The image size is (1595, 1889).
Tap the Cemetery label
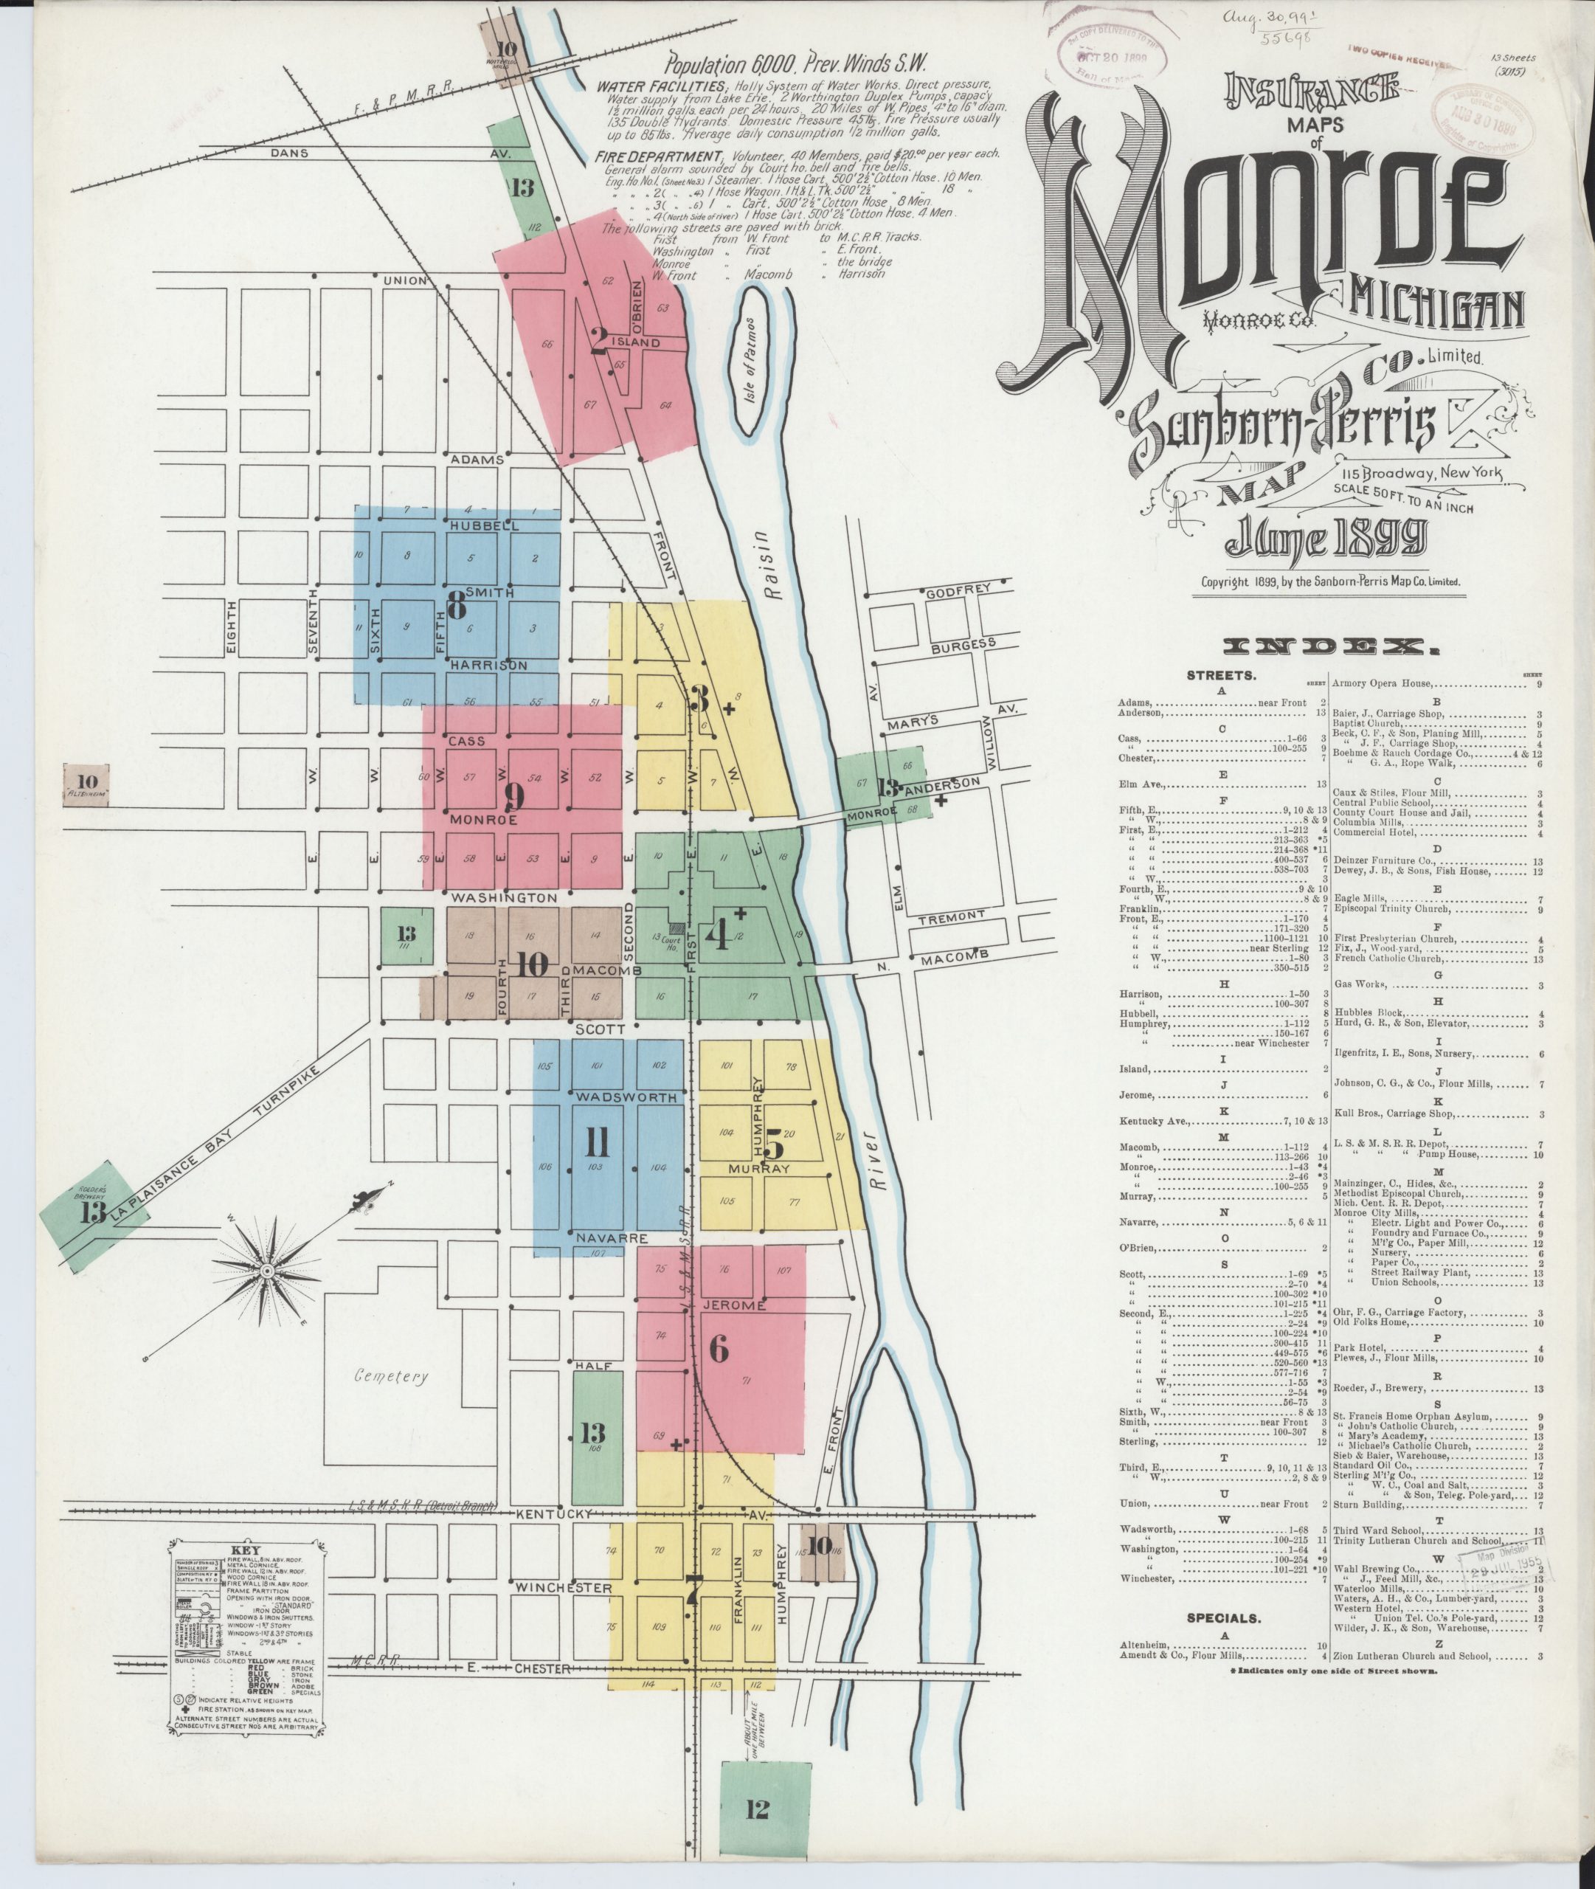tap(390, 1376)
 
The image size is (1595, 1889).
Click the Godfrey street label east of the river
tap(958, 590)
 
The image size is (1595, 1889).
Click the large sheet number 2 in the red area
tap(598, 341)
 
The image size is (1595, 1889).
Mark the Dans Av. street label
tap(289, 153)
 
